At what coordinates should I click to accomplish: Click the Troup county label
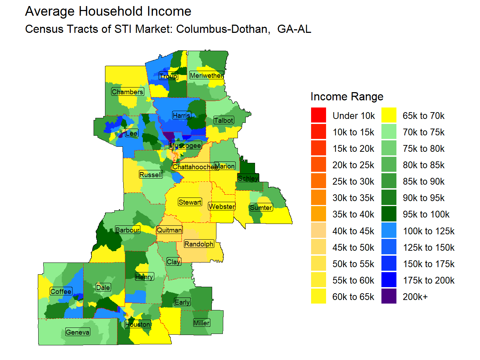point(168,76)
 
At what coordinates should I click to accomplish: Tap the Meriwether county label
point(206,75)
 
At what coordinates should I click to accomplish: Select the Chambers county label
point(127,92)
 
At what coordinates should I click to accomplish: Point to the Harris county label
point(181,115)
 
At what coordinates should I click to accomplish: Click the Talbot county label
point(224,120)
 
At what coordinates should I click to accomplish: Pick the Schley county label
point(248,178)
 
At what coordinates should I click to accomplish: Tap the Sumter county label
point(261,207)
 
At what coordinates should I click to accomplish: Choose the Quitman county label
point(169,230)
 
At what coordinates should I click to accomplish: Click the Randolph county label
point(199,244)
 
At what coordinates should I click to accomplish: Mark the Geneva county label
point(77,332)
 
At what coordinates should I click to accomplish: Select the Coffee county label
point(61,291)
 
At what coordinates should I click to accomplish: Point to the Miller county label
point(201,323)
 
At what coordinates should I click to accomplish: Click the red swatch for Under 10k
point(318,115)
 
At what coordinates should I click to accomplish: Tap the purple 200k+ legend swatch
point(389,296)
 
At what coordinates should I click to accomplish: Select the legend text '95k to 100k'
point(426,214)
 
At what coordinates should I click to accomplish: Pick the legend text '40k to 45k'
point(353,231)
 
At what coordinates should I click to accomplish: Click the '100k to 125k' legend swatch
point(389,231)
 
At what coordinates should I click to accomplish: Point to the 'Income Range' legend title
point(347,96)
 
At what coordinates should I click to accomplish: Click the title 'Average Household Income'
point(108,11)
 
